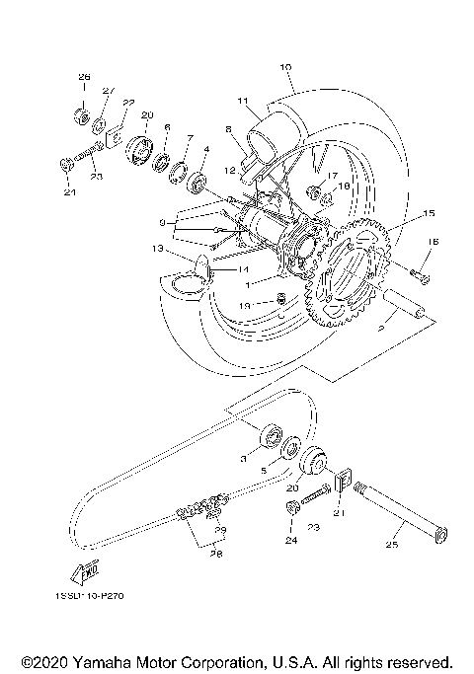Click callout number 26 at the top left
(x=84, y=76)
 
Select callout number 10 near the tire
(x=285, y=68)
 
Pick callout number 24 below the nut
(x=292, y=541)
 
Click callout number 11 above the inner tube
(x=240, y=101)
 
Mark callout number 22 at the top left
(x=128, y=102)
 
